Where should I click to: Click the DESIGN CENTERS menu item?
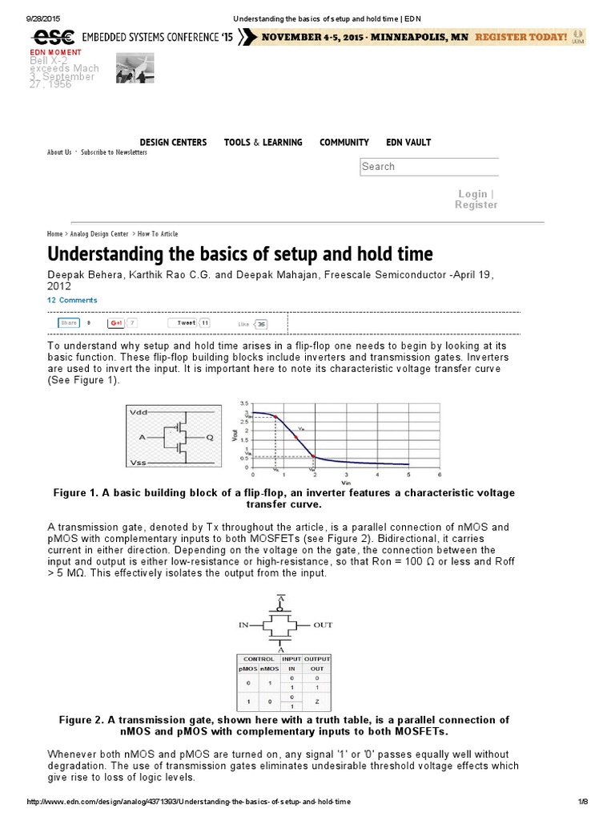pyautogui.click(x=173, y=143)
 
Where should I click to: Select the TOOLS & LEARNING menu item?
pyautogui.click(x=263, y=143)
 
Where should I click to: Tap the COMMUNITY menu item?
pyautogui.click(x=344, y=143)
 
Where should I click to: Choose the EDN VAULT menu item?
pyautogui.click(x=408, y=143)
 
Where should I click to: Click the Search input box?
pyautogui.click(x=428, y=167)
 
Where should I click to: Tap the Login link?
pyautogui.click(x=472, y=194)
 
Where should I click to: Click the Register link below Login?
pyautogui.click(x=476, y=205)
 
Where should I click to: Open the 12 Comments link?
pyautogui.click(x=72, y=301)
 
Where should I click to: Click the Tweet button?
pyautogui.click(x=186, y=322)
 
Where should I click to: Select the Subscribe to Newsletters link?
pyautogui.click(x=114, y=152)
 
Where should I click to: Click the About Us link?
pyautogui.click(x=59, y=152)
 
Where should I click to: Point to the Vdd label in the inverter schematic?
pyautogui.click(x=138, y=411)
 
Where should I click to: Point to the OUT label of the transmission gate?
pyautogui.click(x=323, y=624)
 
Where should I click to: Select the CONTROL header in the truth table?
pyautogui.click(x=258, y=659)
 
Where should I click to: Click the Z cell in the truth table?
pyautogui.click(x=317, y=702)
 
